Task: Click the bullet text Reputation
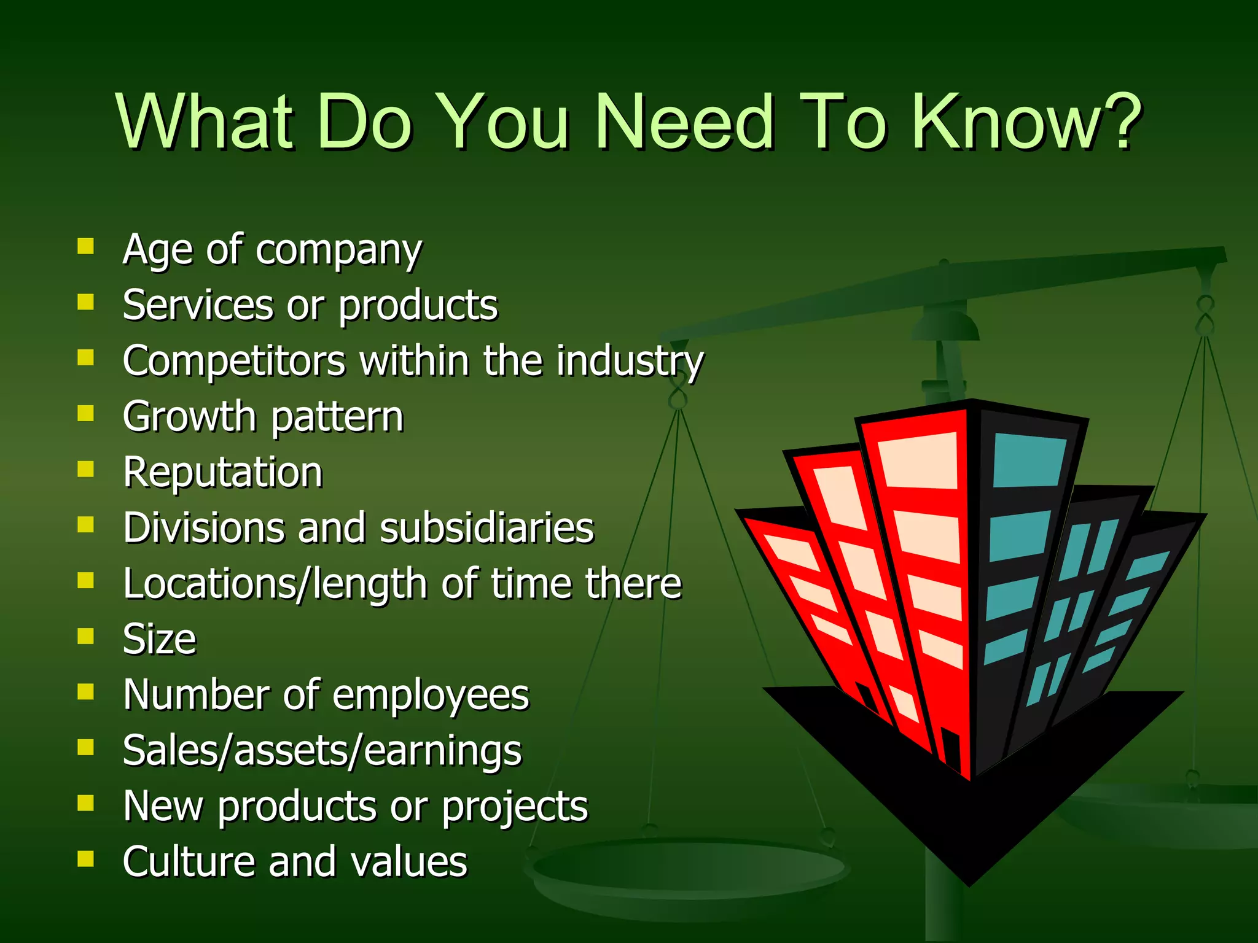coord(222,472)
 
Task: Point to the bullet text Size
coord(159,639)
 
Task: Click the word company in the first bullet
coord(338,250)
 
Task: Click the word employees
coord(431,696)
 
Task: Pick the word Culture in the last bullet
coord(188,861)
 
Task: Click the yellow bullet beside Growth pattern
coord(85,413)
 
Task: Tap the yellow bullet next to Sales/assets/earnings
coord(85,747)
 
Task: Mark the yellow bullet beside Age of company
coord(85,246)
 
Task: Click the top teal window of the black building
coord(1028,460)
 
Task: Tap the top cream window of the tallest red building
coord(919,460)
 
